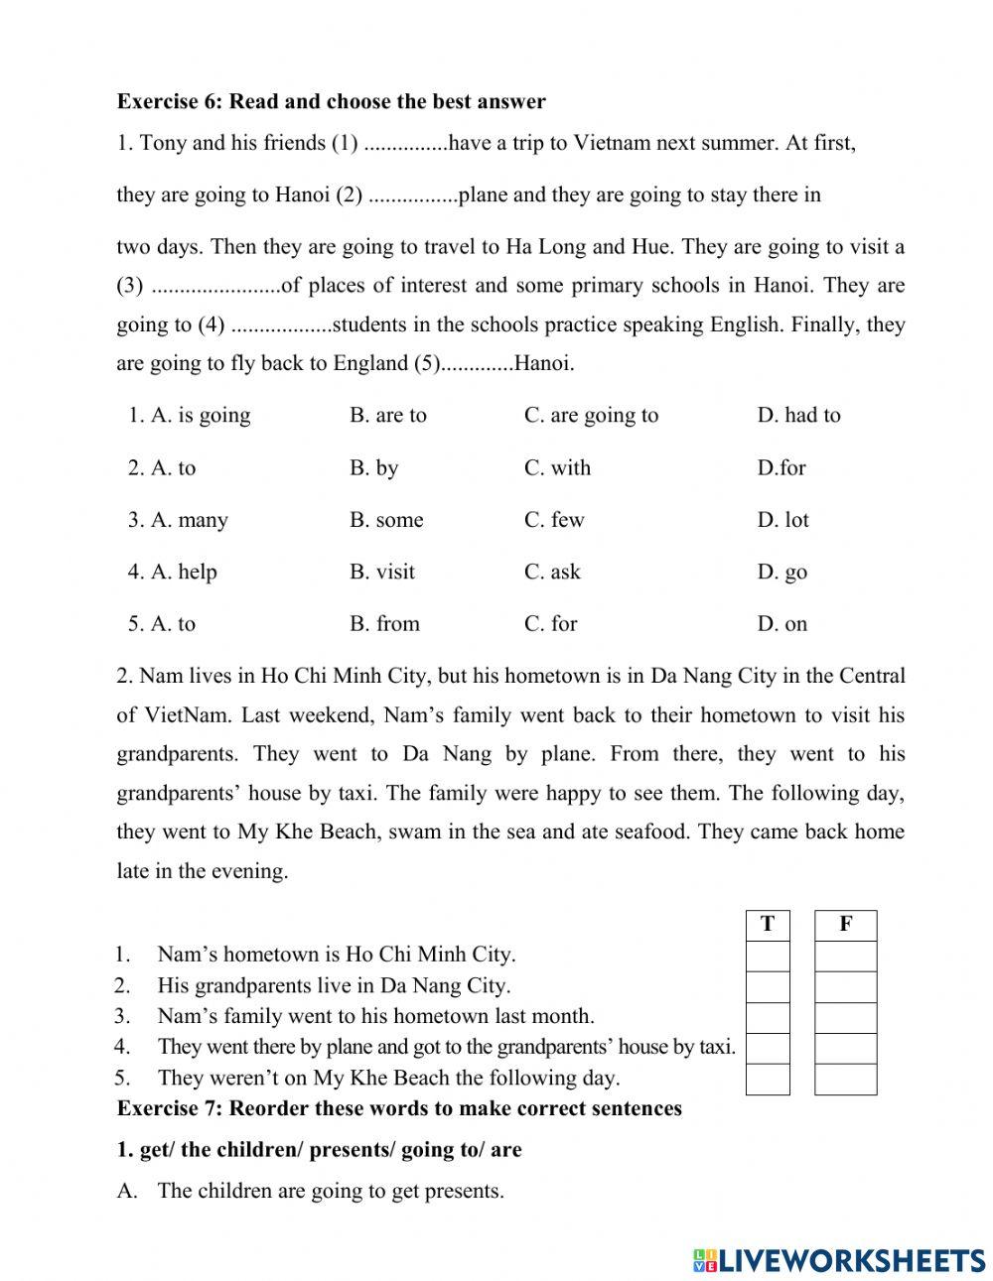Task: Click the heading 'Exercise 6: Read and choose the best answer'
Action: [x=331, y=101]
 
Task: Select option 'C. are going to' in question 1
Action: [x=591, y=415]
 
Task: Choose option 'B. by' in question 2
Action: [x=373, y=467]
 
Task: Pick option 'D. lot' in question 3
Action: [x=782, y=520]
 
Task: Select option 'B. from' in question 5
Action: [x=384, y=623]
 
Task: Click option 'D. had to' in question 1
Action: [x=798, y=415]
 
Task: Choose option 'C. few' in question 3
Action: [x=554, y=520]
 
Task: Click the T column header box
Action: [x=768, y=925]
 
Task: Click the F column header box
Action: [x=845, y=925]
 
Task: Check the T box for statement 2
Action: [x=768, y=986]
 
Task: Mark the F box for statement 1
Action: [x=845, y=956]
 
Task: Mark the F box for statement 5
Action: [x=845, y=1079]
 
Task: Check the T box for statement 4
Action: [x=768, y=1048]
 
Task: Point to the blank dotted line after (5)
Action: [x=477, y=365]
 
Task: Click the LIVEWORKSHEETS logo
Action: [x=839, y=1260]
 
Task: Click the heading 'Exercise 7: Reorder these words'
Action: [x=399, y=1108]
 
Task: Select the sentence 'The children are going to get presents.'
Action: [x=330, y=1191]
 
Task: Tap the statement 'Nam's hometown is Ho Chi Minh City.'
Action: [x=336, y=955]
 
